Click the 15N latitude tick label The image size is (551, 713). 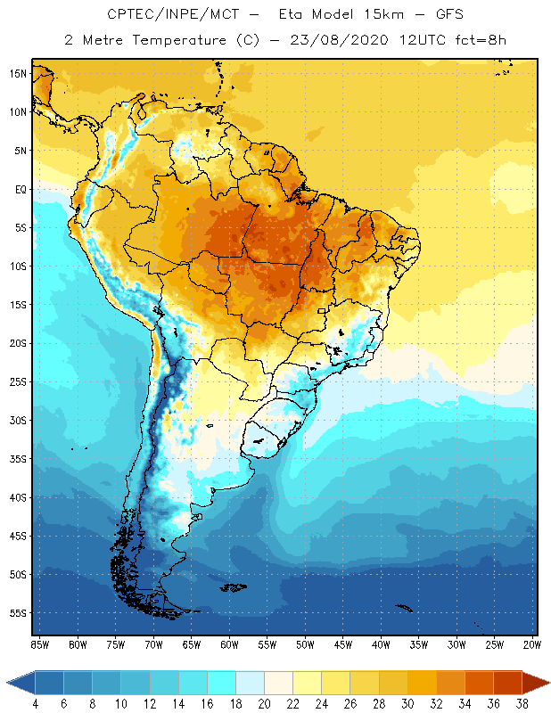coord(18,73)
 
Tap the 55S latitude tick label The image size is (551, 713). coord(18,613)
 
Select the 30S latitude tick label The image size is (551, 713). coord(18,420)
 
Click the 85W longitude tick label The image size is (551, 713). coord(39,644)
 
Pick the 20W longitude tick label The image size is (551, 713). coord(530,644)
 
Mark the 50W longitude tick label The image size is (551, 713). coord(305,644)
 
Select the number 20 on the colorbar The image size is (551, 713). coord(265,704)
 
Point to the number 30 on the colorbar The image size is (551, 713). coord(407,704)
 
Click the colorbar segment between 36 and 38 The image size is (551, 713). coord(506,683)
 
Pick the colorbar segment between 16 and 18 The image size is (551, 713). coord(221,683)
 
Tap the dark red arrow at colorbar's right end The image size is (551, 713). coord(535,683)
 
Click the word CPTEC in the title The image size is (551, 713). coord(130,15)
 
